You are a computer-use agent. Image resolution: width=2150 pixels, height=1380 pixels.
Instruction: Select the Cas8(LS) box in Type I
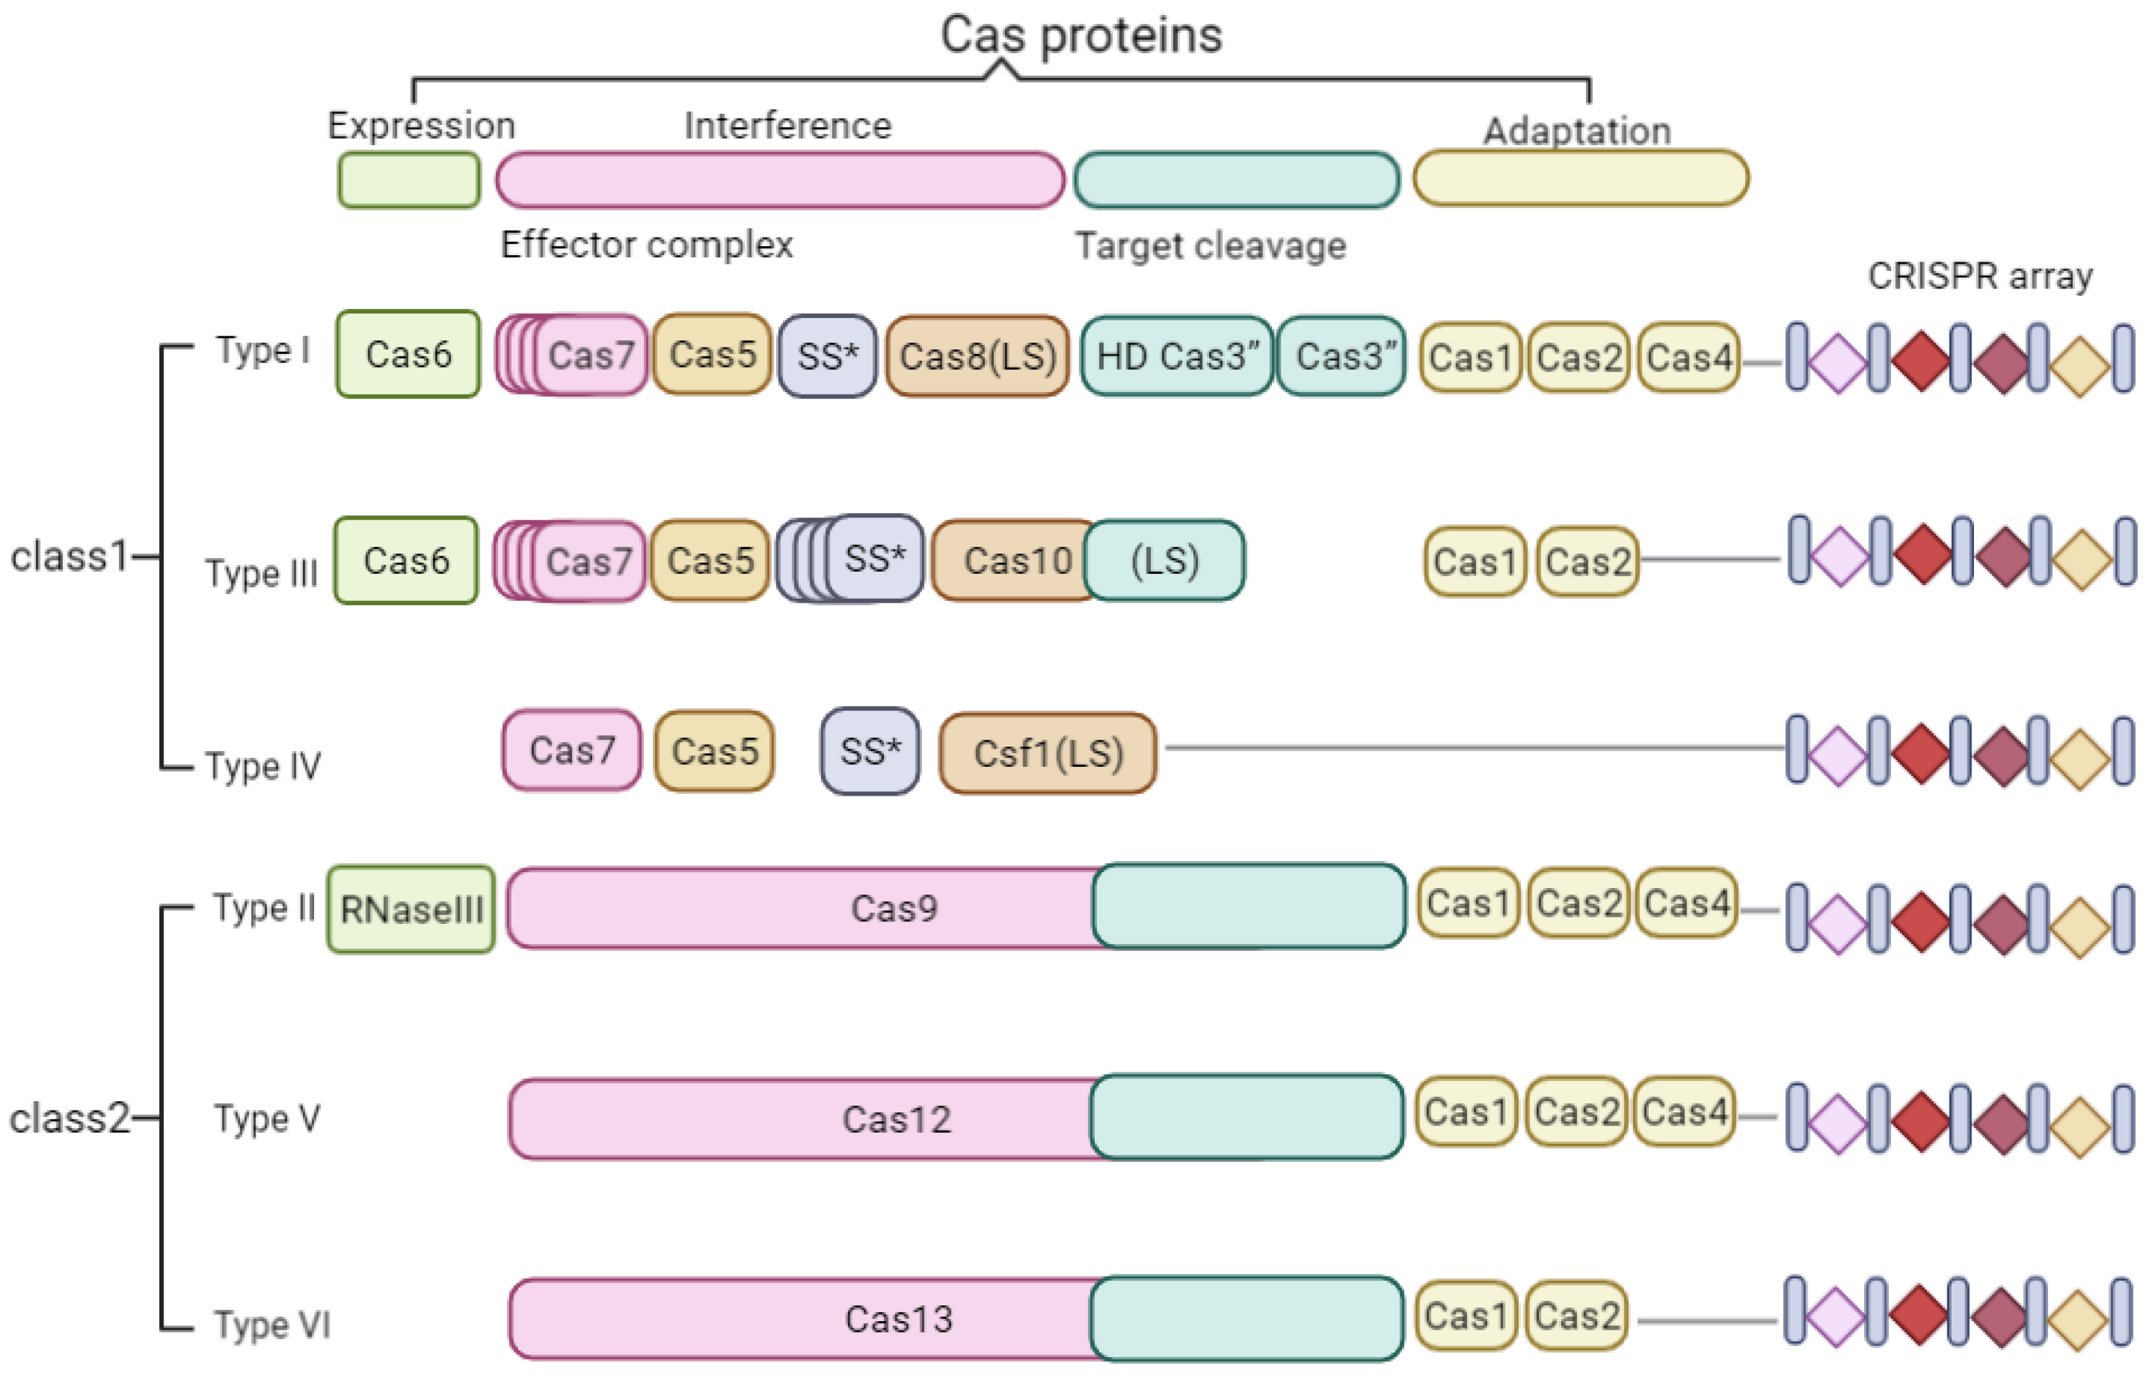pos(976,356)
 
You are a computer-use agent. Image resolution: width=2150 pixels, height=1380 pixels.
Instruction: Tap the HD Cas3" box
pos(1176,356)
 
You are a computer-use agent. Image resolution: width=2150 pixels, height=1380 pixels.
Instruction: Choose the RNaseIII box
pos(411,910)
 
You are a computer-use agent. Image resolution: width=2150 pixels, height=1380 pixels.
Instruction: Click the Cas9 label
pos(893,909)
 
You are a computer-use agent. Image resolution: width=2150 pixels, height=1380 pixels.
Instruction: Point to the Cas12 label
pos(896,1119)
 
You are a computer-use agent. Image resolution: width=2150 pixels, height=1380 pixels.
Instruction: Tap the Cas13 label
pos(898,1319)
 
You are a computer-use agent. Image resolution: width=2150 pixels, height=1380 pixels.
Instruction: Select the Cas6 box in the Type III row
pos(406,561)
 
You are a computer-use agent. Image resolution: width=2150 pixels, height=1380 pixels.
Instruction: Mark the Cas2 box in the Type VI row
pos(1577,1315)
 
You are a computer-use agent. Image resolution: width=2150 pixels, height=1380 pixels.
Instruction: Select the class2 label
pos(69,1118)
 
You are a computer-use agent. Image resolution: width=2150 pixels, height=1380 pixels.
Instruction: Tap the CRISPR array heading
pos(1980,276)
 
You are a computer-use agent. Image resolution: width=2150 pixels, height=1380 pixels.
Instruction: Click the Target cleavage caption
pos(1210,245)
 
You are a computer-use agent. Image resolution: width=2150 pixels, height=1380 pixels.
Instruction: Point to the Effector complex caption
pos(646,245)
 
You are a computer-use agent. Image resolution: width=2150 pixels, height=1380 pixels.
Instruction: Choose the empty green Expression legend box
pos(408,180)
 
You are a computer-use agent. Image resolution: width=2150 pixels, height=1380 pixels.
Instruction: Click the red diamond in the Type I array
pos(1920,361)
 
